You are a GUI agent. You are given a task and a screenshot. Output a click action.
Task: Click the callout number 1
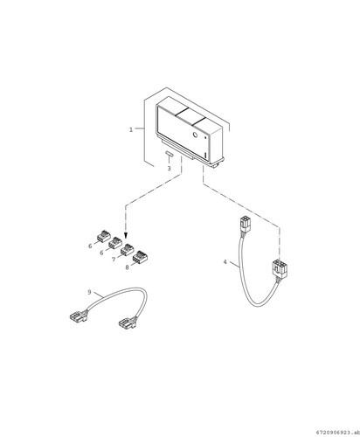pyautogui.click(x=131, y=129)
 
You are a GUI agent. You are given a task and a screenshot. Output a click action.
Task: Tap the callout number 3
pyautogui.click(x=169, y=169)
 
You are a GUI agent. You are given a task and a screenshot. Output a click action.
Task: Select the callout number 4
pyautogui.click(x=225, y=262)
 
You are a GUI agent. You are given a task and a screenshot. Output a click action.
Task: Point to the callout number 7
pyautogui.click(x=114, y=260)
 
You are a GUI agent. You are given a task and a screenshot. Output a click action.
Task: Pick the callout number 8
pyautogui.click(x=127, y=267)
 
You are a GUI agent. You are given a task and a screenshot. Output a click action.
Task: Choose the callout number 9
pyautogui.click(x=90, y=292)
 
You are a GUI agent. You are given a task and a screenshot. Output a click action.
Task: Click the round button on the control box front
pyautogui.click(x=196, y=135)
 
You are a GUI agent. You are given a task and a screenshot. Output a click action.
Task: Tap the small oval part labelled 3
pyautogui.click(x=169, y=154)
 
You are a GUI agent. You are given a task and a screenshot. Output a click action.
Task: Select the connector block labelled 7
pyautogui.click(x=128, y=250)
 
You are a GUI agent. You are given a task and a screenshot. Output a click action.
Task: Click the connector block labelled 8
pyautogui.click(x=139, y=257)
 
